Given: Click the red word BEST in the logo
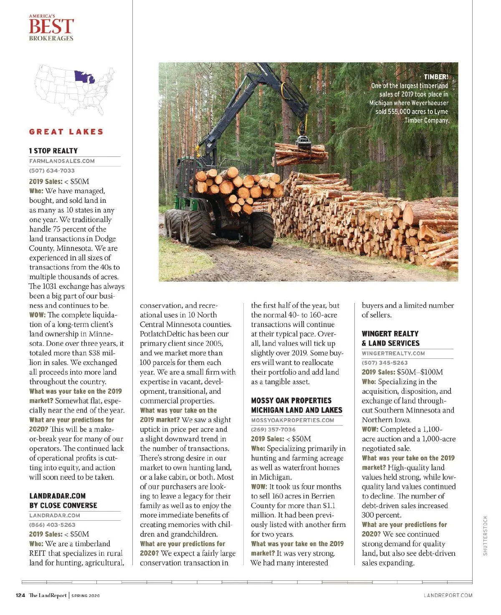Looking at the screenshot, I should tap(51, 27).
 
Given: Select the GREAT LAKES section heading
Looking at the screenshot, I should tap(66, 132).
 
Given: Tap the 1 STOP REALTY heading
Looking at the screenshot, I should tap(53, 151).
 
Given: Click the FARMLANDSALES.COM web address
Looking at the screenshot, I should tap(62, 161).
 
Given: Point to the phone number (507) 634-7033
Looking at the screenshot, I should tap(52, 171).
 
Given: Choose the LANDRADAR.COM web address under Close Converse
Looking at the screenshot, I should tap(55, 516).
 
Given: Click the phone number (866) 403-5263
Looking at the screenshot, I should tap(52, 525).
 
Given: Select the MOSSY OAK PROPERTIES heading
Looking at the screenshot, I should tap(291, 401).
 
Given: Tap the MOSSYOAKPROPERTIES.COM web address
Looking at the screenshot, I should tap(292, 420).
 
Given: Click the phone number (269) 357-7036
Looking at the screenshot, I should tap(273, 429).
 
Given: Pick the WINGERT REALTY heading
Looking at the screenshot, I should tap(390, 334).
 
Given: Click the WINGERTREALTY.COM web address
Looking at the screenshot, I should tap(393, 353).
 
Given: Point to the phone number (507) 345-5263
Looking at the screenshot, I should tap(385, 363).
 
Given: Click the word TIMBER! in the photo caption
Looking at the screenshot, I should tap(435, 77).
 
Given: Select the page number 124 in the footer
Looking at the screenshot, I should tap(20, 595).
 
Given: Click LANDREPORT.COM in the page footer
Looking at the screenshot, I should tap(448, 595).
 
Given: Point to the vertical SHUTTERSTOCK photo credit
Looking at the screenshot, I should tap(485, 535).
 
